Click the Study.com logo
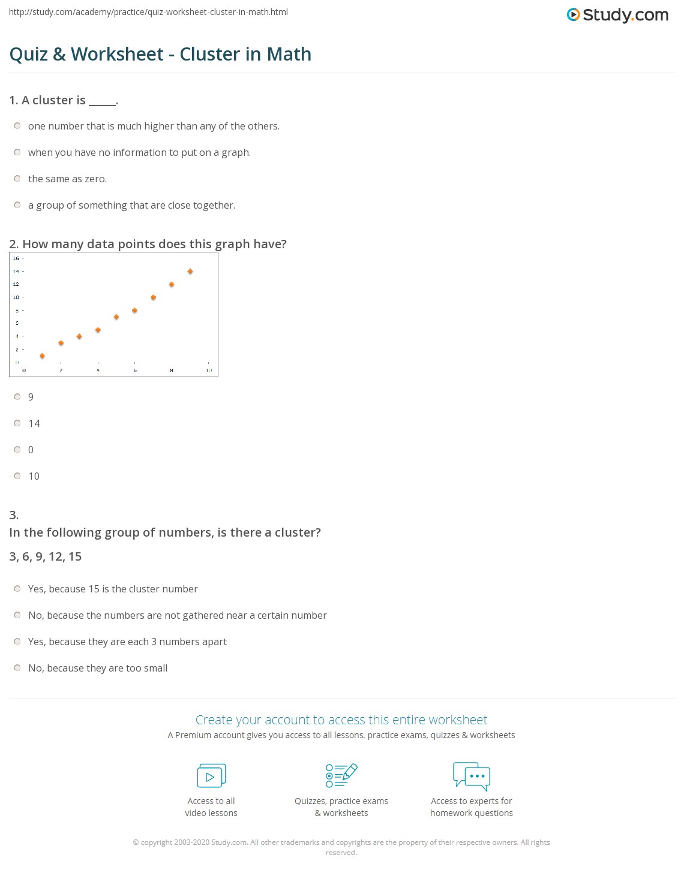pyautogui.click(x=617, y=15)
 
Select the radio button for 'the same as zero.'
pyautogui.click(x=17, y=179)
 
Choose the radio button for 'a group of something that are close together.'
pyautogui.click(x=17, y=205)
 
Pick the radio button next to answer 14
pyautogui.click(x=17, y=423)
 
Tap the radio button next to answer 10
pyautogui.click(x=17, y=476)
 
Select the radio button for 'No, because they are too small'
pyautogui.click(x=17, y=668)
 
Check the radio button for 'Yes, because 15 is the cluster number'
pyautogui.click(x=17, y=589)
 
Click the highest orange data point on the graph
pyautogui.click(x=190, y=272)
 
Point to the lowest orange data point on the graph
pyautogui.click(x=42, y=356)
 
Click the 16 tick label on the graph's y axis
pyautogui.click(x=16, y=258)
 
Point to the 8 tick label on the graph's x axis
pyautogui.click(x=172, y=370)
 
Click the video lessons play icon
pyautogui.click(x=211, y=776)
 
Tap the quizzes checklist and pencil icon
pyautogui.click(x=341, y=775)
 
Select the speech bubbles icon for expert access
pyautogui.click(x=472, y=775)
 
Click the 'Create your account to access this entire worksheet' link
pyautogui.click(x=341, y=720)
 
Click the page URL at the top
pyautogui.click(x=148, y=12)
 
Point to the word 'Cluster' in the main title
pyautogui.click(x=210, y=54)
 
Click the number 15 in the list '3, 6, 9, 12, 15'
pyautogui.click(x=75, y=556)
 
